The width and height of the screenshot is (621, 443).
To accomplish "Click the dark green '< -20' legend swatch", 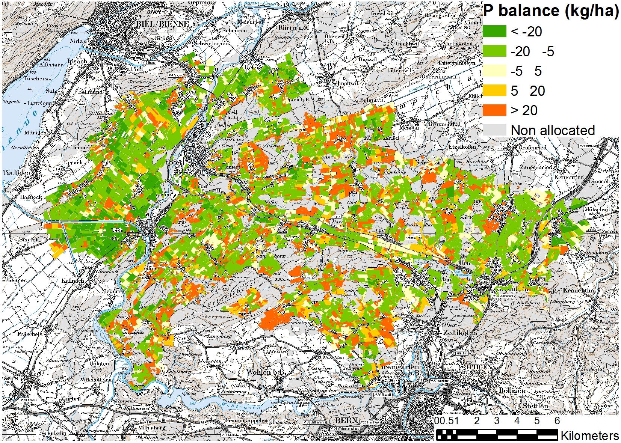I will pyautogui.click(x=494, y=32).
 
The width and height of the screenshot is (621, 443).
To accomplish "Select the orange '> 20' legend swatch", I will pyautogui.click(x=494, y=110).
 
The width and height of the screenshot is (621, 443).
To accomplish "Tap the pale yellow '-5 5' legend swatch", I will pyautogui.click(x=494, y=71).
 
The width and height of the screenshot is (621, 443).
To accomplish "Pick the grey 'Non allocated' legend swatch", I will pyautogui.click(x=494, y=130).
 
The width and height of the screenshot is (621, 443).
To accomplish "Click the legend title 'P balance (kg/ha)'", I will pyautogui.click(x=550, y=11).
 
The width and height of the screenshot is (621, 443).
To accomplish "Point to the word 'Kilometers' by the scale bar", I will pyautogui.click(x=589, y=435).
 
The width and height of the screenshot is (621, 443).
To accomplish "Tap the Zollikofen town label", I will pyautogui.click(x=457, y=333).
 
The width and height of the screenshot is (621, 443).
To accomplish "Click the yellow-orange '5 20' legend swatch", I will pyautogui.click(x=494, y=90).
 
